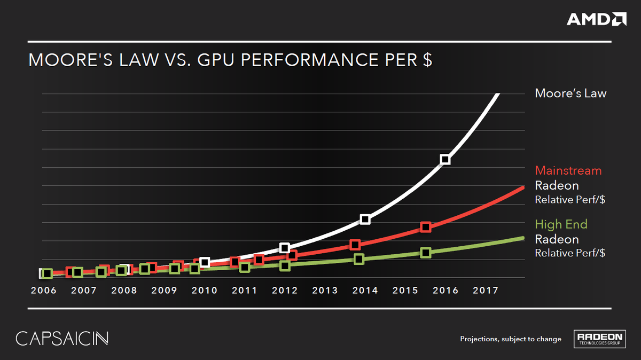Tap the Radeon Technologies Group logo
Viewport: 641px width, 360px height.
pyautogui.click(x=598, y=339)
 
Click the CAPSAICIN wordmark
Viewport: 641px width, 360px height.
pyautogui.click(x=62, y=339)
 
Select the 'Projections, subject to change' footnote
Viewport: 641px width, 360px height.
pyautogui.click(x=510, y=339)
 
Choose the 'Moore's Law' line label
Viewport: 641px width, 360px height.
pyautogui.click(x=570, y=93)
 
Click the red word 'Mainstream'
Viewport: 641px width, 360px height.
pyautogui.click(x=568, y=170)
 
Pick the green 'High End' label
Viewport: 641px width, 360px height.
pyautogui.click(x=561, y=224)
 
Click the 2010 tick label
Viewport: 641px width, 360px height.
pyautogui.click(x=205, y=291)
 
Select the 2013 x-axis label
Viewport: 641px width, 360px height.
pyautogui.click(x=325, y=291)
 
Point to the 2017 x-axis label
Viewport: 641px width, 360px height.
pyautogui.click(x=486, y=291)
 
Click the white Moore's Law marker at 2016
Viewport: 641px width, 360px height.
pyautogui.click(x=445, y=159)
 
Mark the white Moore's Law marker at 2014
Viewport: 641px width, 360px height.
pyautogui.click(x=365, y=220)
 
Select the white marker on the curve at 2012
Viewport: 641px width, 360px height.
pyautogui.click(x=285, y=248)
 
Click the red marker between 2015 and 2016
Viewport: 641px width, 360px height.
pyautogui.click(x=425, y=227)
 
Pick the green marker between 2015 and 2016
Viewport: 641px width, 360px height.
pyautogui.click(x=425, y=252)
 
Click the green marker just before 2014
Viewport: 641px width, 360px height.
pyautogui.click(x=359, y=259)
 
